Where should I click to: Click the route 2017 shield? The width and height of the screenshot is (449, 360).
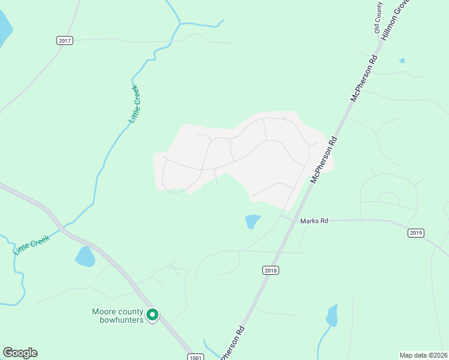[65, 41]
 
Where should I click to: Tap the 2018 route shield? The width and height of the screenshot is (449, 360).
[271, 271]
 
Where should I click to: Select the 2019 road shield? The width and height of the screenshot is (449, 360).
[415, 233]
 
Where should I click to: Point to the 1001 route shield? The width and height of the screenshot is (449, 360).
[196, 356]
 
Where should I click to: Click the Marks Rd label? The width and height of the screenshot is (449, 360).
[315, 221]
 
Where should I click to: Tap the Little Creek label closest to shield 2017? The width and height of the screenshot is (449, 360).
[134, 105]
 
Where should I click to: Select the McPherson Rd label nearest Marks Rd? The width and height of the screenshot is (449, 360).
[324, 159]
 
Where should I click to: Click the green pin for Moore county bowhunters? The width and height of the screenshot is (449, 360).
[152, 314]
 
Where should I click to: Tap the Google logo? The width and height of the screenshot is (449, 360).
[20, 353]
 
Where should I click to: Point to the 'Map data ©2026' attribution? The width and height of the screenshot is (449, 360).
[423, 355]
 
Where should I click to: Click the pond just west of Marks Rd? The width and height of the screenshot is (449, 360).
[253, 221]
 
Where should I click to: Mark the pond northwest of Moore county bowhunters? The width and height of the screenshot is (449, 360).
[85, 257]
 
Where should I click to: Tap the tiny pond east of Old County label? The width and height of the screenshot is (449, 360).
[402, 61]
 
